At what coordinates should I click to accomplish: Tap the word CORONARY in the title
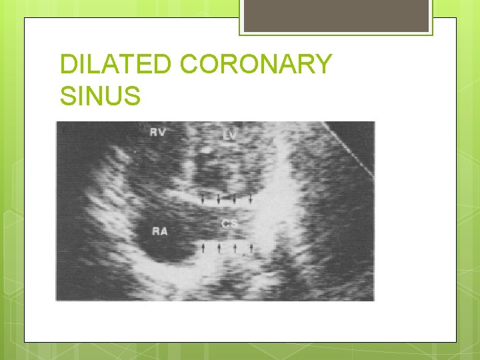pos(256,65)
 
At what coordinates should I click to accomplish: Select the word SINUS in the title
pos(100,96)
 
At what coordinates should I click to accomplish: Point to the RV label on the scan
pos(158,133)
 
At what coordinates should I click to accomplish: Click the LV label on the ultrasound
pos(229,135)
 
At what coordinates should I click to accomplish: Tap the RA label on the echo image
pos(159,231)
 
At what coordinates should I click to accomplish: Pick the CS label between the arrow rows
pos(229,223)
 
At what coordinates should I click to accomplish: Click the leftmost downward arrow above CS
pos(203,198)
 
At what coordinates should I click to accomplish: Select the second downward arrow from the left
pos(219,198)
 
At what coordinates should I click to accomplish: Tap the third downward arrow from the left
pos(234,198)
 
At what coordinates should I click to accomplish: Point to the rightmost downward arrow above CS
pos(250,198)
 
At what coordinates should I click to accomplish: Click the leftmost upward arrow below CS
pos(203,247)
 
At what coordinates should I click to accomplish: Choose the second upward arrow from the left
pos(219,247)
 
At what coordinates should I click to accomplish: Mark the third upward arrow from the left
pos(235,247)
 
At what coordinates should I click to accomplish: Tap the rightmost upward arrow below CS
pos(252,247)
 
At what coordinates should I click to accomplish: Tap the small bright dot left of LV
pos(207,151)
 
